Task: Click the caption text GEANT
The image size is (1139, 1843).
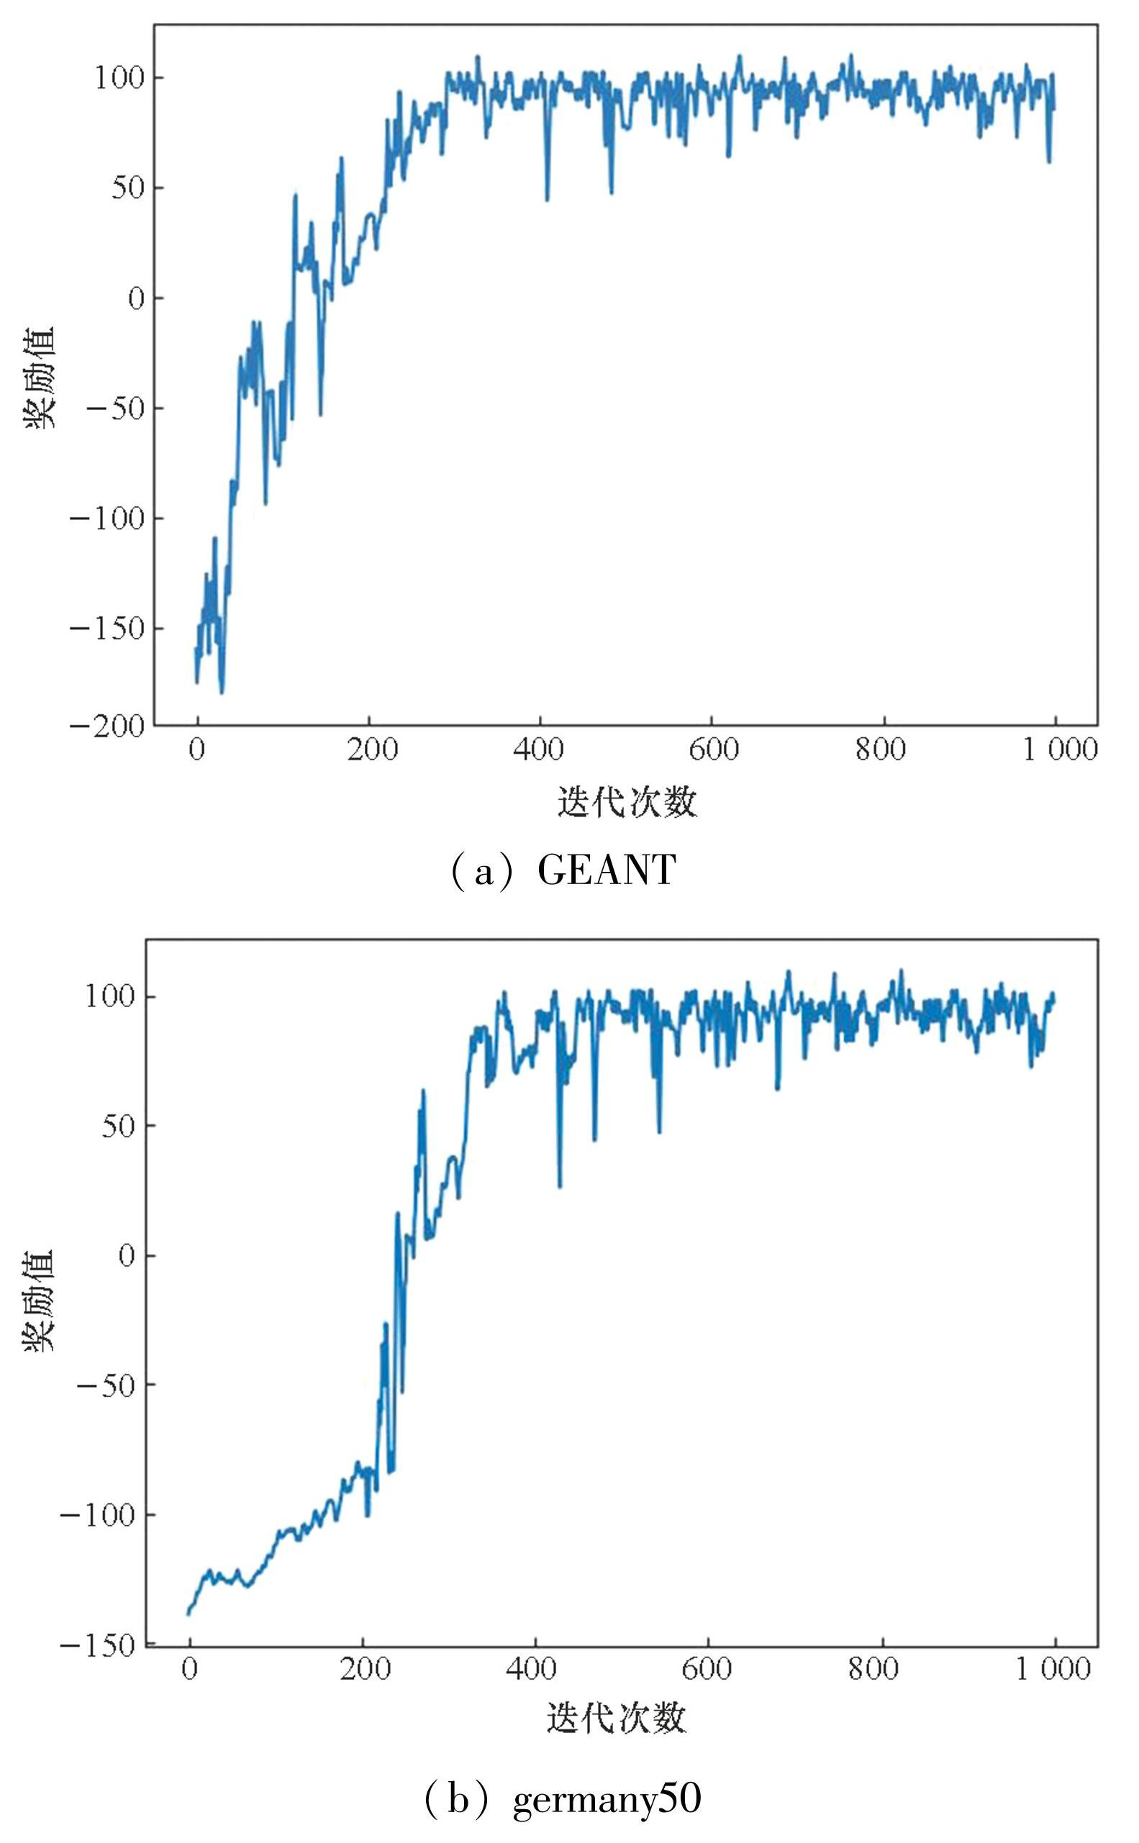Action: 607,870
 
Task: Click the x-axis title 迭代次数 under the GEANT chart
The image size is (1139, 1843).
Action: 627,801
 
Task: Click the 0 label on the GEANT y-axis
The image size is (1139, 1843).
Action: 135,299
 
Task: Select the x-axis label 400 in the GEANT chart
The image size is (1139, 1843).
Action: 540,750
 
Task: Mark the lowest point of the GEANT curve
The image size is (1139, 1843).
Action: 222,692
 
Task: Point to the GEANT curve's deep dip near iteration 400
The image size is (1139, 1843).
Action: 547,199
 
